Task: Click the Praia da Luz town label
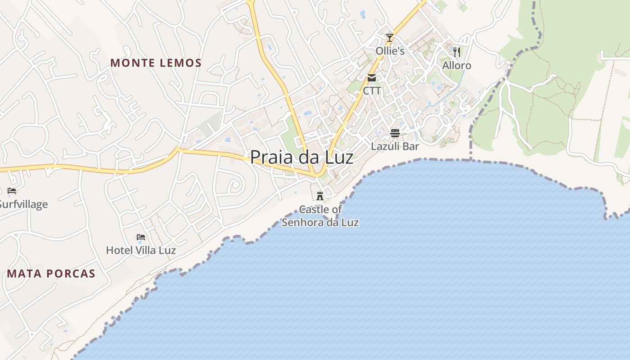[301, 157]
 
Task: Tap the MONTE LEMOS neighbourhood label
[156, 63]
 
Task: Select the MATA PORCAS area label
[51, 274]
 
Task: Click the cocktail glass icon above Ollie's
[390, 38]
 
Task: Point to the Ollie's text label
[390, 51]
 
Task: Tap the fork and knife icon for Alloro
[457, 52]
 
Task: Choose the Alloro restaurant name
[457, 66]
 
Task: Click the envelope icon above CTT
[372, 78]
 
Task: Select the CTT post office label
[372, 91]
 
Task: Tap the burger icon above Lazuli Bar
[395, 133]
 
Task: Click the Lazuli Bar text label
[395, 146]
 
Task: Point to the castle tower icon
[320, 196]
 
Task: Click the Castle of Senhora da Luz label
[320, 216]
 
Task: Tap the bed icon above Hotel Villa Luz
[141, 237]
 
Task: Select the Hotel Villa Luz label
[141, 250]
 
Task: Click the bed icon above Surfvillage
[12, 191]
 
